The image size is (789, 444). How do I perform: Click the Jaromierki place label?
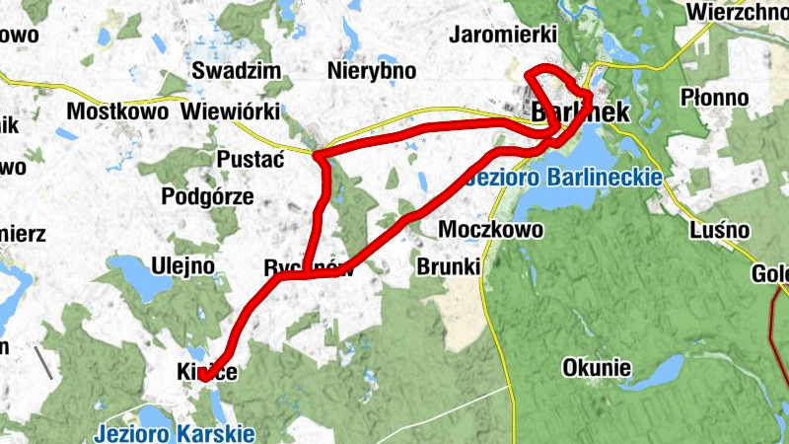503,35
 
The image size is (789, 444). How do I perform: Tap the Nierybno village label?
371,71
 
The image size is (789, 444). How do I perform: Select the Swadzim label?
236,71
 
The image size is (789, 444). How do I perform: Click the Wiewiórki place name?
231,111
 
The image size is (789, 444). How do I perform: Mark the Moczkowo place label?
490,230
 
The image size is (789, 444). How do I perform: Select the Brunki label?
448,267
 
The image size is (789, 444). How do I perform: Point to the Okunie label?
596,369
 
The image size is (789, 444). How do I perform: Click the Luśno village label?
721,230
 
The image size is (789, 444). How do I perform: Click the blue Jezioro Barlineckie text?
566,179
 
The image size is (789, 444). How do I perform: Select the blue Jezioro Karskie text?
175,432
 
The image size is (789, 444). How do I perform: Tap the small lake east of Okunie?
663,370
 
